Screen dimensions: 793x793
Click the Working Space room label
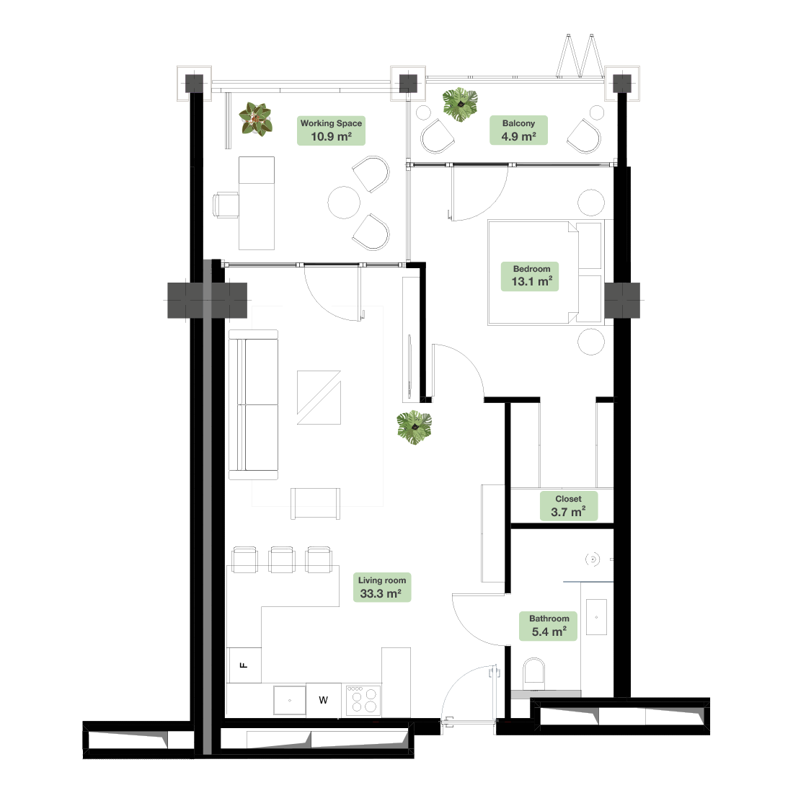click(331, 130)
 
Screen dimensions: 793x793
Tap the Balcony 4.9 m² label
click(518, 130)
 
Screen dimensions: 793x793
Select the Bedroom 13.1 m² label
click(530, 276)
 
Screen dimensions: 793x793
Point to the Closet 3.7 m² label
click(569, 506)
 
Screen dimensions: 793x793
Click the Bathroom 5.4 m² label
click(549, 626)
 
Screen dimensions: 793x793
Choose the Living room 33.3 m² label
click(382, 587)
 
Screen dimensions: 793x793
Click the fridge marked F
click(244, 665)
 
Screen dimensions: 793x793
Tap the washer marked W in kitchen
click(323, 700)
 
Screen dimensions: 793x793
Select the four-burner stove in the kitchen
click(363, 701)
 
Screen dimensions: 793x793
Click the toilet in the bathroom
click(533, 672)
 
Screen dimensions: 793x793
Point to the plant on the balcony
click(460, 105)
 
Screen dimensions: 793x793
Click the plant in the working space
click(256, 120)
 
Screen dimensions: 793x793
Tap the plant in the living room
click(415, 427)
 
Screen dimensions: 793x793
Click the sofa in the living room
click(253, 404)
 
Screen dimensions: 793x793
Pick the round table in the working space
click(344, 203)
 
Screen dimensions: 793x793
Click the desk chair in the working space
click(226, 205)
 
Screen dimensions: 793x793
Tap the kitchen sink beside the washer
click(289, 701)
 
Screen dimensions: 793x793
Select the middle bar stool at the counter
click(282, 559)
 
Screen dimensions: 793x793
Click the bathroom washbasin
click(596, 617)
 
